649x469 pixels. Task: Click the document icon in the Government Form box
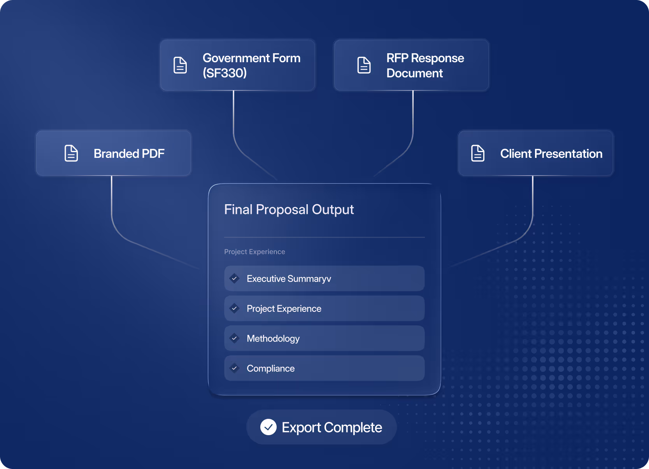(x=180, y=65)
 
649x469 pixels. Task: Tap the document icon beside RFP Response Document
(x=364, y=65)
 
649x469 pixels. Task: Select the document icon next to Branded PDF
(x=71, y=153)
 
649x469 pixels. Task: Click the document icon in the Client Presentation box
(x=478, y=153)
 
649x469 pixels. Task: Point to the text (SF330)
(x=225, y=73)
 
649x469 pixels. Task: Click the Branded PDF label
(x=129, y=154)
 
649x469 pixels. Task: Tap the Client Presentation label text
(x=551, y=154)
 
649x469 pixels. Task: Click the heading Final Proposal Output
(x=289, y=210)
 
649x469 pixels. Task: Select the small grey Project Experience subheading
(x=254, y=252)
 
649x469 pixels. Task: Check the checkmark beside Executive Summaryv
(x=234, y=278)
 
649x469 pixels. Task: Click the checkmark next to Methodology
(x=234, y=338)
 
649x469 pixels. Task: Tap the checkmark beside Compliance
(x=234, y=368)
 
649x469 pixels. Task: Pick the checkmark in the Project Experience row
(x=234, y=308)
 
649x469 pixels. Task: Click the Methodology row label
(x=273, y=339)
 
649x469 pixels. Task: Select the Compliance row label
(x=270, y=368)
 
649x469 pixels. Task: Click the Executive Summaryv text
(x=289, y=279)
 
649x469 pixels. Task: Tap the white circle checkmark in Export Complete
(x=268, y=427)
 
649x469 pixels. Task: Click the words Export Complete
(x=332, y=427)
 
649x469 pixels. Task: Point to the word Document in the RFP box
(x=414, y=73)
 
